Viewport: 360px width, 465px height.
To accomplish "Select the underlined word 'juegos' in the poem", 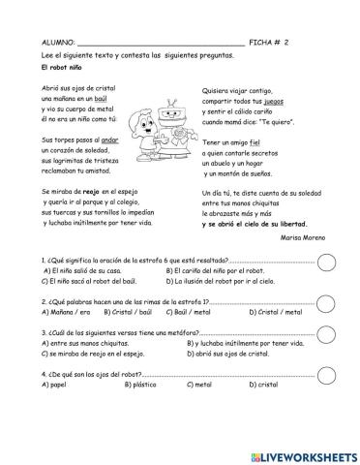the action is [274, 102].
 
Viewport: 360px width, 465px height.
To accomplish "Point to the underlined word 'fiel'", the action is [256, 141].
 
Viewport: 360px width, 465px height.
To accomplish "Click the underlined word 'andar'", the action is [114, 139].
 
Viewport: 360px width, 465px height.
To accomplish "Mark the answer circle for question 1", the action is [327, 261].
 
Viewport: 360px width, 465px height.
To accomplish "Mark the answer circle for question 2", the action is [327, 302].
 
